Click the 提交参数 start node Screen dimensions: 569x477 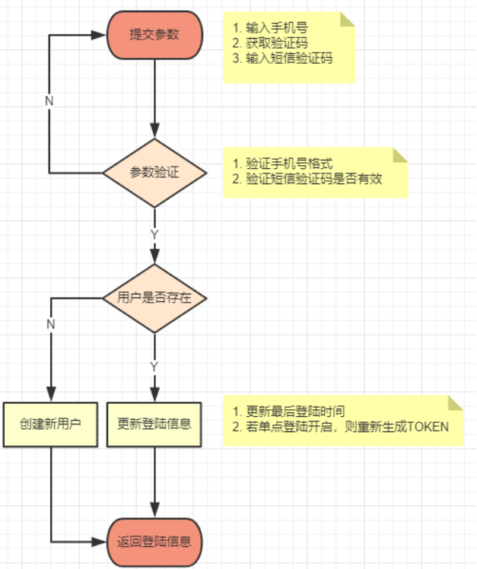(x=154, y=35)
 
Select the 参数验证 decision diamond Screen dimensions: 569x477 (x=154, y=173)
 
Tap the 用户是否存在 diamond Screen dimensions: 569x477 (x=154, y=298)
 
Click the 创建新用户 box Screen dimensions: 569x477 (x=50, y=424)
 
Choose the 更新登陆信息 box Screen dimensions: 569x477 (x=154, y=424)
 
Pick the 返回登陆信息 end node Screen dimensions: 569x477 (x=154, y=542)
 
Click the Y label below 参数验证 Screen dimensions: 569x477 (x=154, y=234)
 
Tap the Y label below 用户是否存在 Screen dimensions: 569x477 (x=154, y=367)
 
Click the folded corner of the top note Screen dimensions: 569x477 (x=347, y=19)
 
